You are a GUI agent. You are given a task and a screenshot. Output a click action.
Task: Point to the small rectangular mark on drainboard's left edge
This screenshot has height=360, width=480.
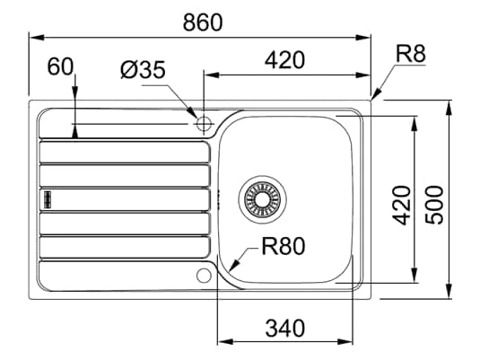coord(44,197)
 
